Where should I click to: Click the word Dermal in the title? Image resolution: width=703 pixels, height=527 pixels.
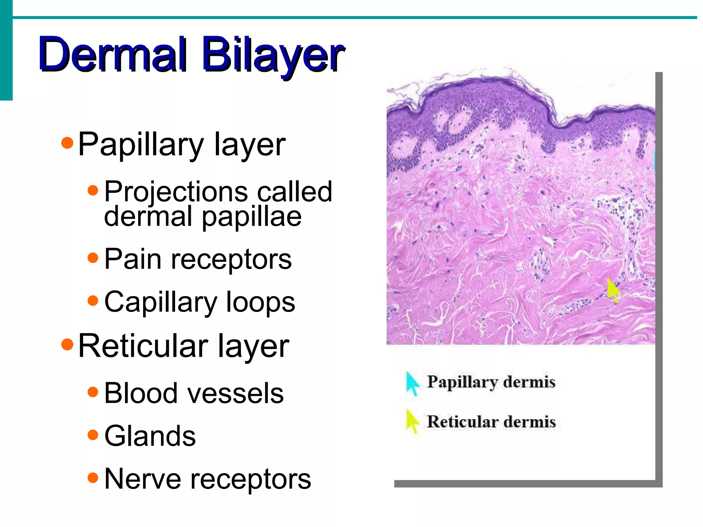113,55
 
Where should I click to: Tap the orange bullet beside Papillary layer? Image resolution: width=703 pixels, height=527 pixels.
67,143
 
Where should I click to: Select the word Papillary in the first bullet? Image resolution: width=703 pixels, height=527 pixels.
141,145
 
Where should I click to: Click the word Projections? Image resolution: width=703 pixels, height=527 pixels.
176,191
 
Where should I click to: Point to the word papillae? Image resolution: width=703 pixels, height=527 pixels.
251,217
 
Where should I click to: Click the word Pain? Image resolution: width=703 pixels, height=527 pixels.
132,259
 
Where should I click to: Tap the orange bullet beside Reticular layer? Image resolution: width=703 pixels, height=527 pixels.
67,344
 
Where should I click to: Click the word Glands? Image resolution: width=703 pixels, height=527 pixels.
150,436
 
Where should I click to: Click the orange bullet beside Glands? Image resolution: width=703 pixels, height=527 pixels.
93,435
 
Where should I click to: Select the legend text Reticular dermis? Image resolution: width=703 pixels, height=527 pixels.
491,422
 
